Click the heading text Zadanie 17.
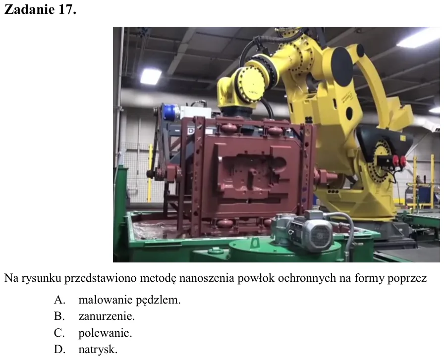[x=40, y=9]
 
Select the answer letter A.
[x=59, y=300]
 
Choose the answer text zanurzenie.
[x=107, y=316]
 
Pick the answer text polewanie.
[x=105, y=333]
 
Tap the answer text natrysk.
[x=98, y=349]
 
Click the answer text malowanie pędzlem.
[x=129, y=300]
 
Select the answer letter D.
[x=59, y=349]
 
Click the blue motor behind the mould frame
[x=171, y=111]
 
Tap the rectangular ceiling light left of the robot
[x=151, y=76]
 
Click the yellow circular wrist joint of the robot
[x=251, y=84]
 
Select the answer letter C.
[x=59, y=333]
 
